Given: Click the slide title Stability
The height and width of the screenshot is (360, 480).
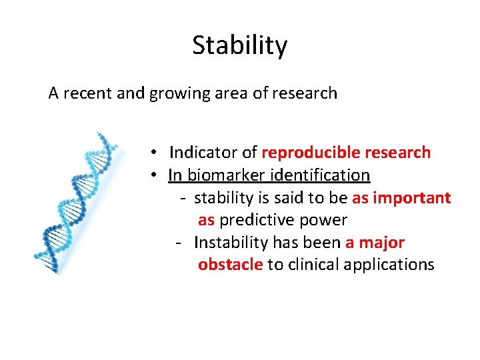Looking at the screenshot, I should coord(240,46).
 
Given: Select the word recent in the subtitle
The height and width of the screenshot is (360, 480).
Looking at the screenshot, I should coord(87,93).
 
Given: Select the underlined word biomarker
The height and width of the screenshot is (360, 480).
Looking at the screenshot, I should coord(221,175).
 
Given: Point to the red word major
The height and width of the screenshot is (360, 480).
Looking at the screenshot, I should coord(381,243).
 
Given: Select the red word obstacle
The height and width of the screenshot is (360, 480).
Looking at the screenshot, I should coord(230,265).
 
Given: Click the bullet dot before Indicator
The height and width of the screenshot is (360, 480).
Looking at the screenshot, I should coord(153,153).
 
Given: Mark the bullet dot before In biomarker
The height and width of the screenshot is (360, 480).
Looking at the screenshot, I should coord(153,175).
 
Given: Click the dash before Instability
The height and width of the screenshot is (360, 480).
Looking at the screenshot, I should coord(178,243).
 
